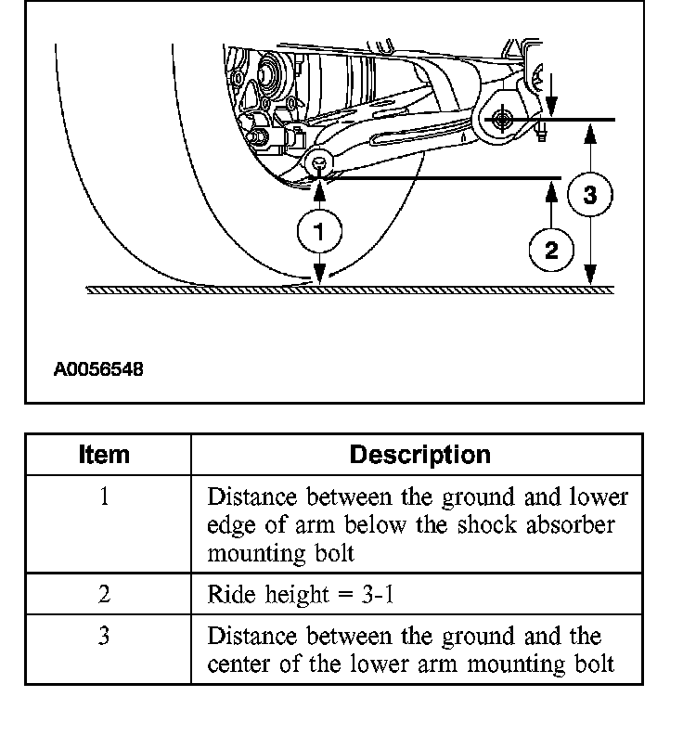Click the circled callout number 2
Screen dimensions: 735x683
551,250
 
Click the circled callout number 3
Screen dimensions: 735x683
590,195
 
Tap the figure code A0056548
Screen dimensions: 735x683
98,369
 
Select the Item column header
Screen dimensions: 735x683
105,455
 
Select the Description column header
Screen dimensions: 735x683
419,455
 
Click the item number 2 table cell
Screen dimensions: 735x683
105,595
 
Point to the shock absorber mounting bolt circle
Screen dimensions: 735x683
319,163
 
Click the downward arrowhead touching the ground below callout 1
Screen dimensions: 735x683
319,276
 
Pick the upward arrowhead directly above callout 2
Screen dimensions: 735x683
551,189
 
